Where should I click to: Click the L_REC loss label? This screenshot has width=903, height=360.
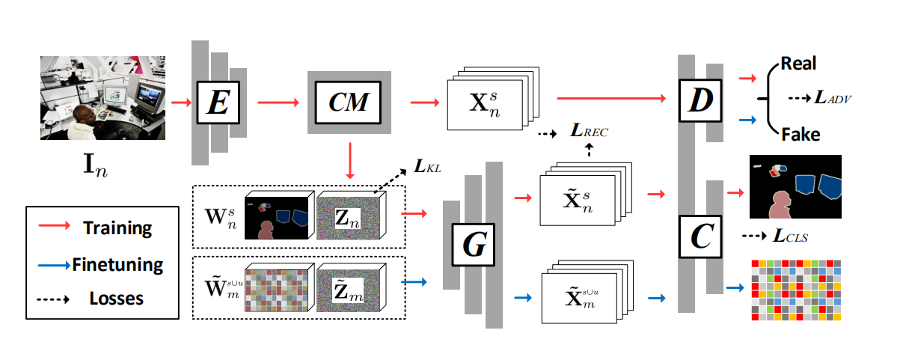[x=588, y=132]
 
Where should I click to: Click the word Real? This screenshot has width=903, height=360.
[x=798, y=63]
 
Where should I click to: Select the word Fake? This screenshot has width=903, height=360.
[x=801, y=135]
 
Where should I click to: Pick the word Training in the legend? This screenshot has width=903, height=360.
[x=117, y=228]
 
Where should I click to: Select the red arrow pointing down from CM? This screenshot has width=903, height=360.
[x=349, y=160]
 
